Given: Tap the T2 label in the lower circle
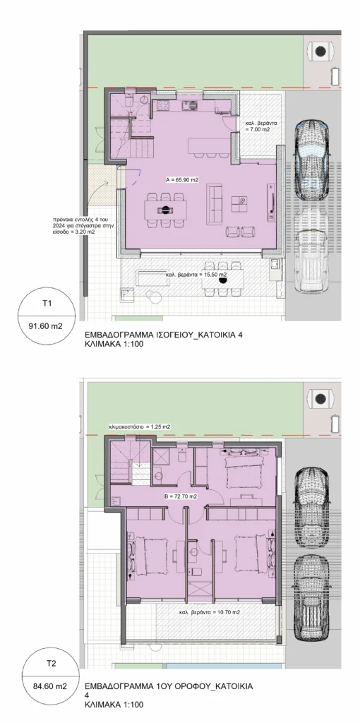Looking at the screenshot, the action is coord(52,664).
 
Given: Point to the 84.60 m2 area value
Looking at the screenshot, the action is coord(52,686).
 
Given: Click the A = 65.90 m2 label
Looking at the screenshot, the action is coord(181,180).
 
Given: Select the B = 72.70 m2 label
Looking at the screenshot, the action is coord(181,496).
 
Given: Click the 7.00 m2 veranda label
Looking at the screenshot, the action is coord(257,127).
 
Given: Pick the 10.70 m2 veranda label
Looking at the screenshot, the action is coord(210,612).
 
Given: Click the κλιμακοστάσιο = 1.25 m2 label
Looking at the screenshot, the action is coord(140,427).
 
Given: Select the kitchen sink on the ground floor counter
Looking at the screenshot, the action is coord(189,106).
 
